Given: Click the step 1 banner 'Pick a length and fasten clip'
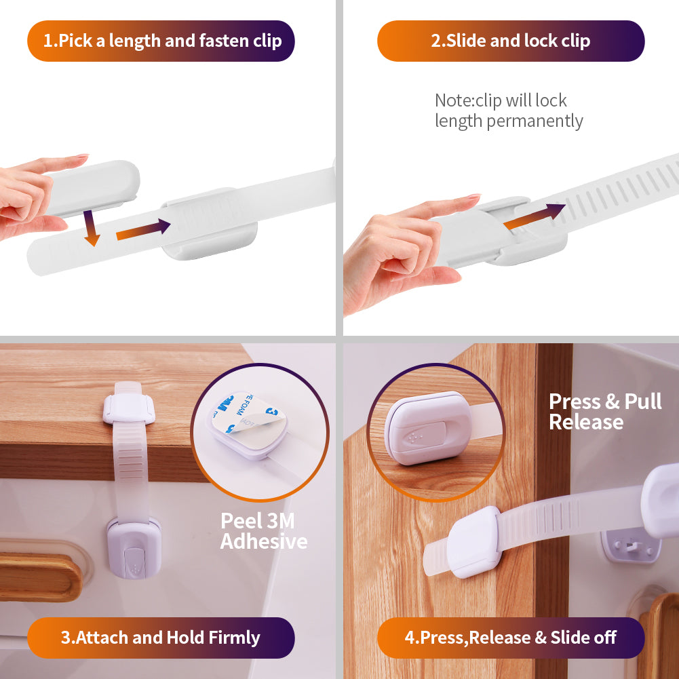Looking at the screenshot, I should coord(161,41).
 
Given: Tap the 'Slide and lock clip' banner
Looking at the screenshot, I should coord(510,41).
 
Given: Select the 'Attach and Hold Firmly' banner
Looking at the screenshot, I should coord(161,638).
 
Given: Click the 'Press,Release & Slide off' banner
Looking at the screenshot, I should coord(510,638).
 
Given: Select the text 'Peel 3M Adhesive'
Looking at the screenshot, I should coord(263,531).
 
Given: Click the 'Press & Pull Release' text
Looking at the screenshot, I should coord(604,412).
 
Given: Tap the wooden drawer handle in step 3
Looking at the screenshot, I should coord(41,577).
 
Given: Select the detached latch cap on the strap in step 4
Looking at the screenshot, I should coord(474,542).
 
